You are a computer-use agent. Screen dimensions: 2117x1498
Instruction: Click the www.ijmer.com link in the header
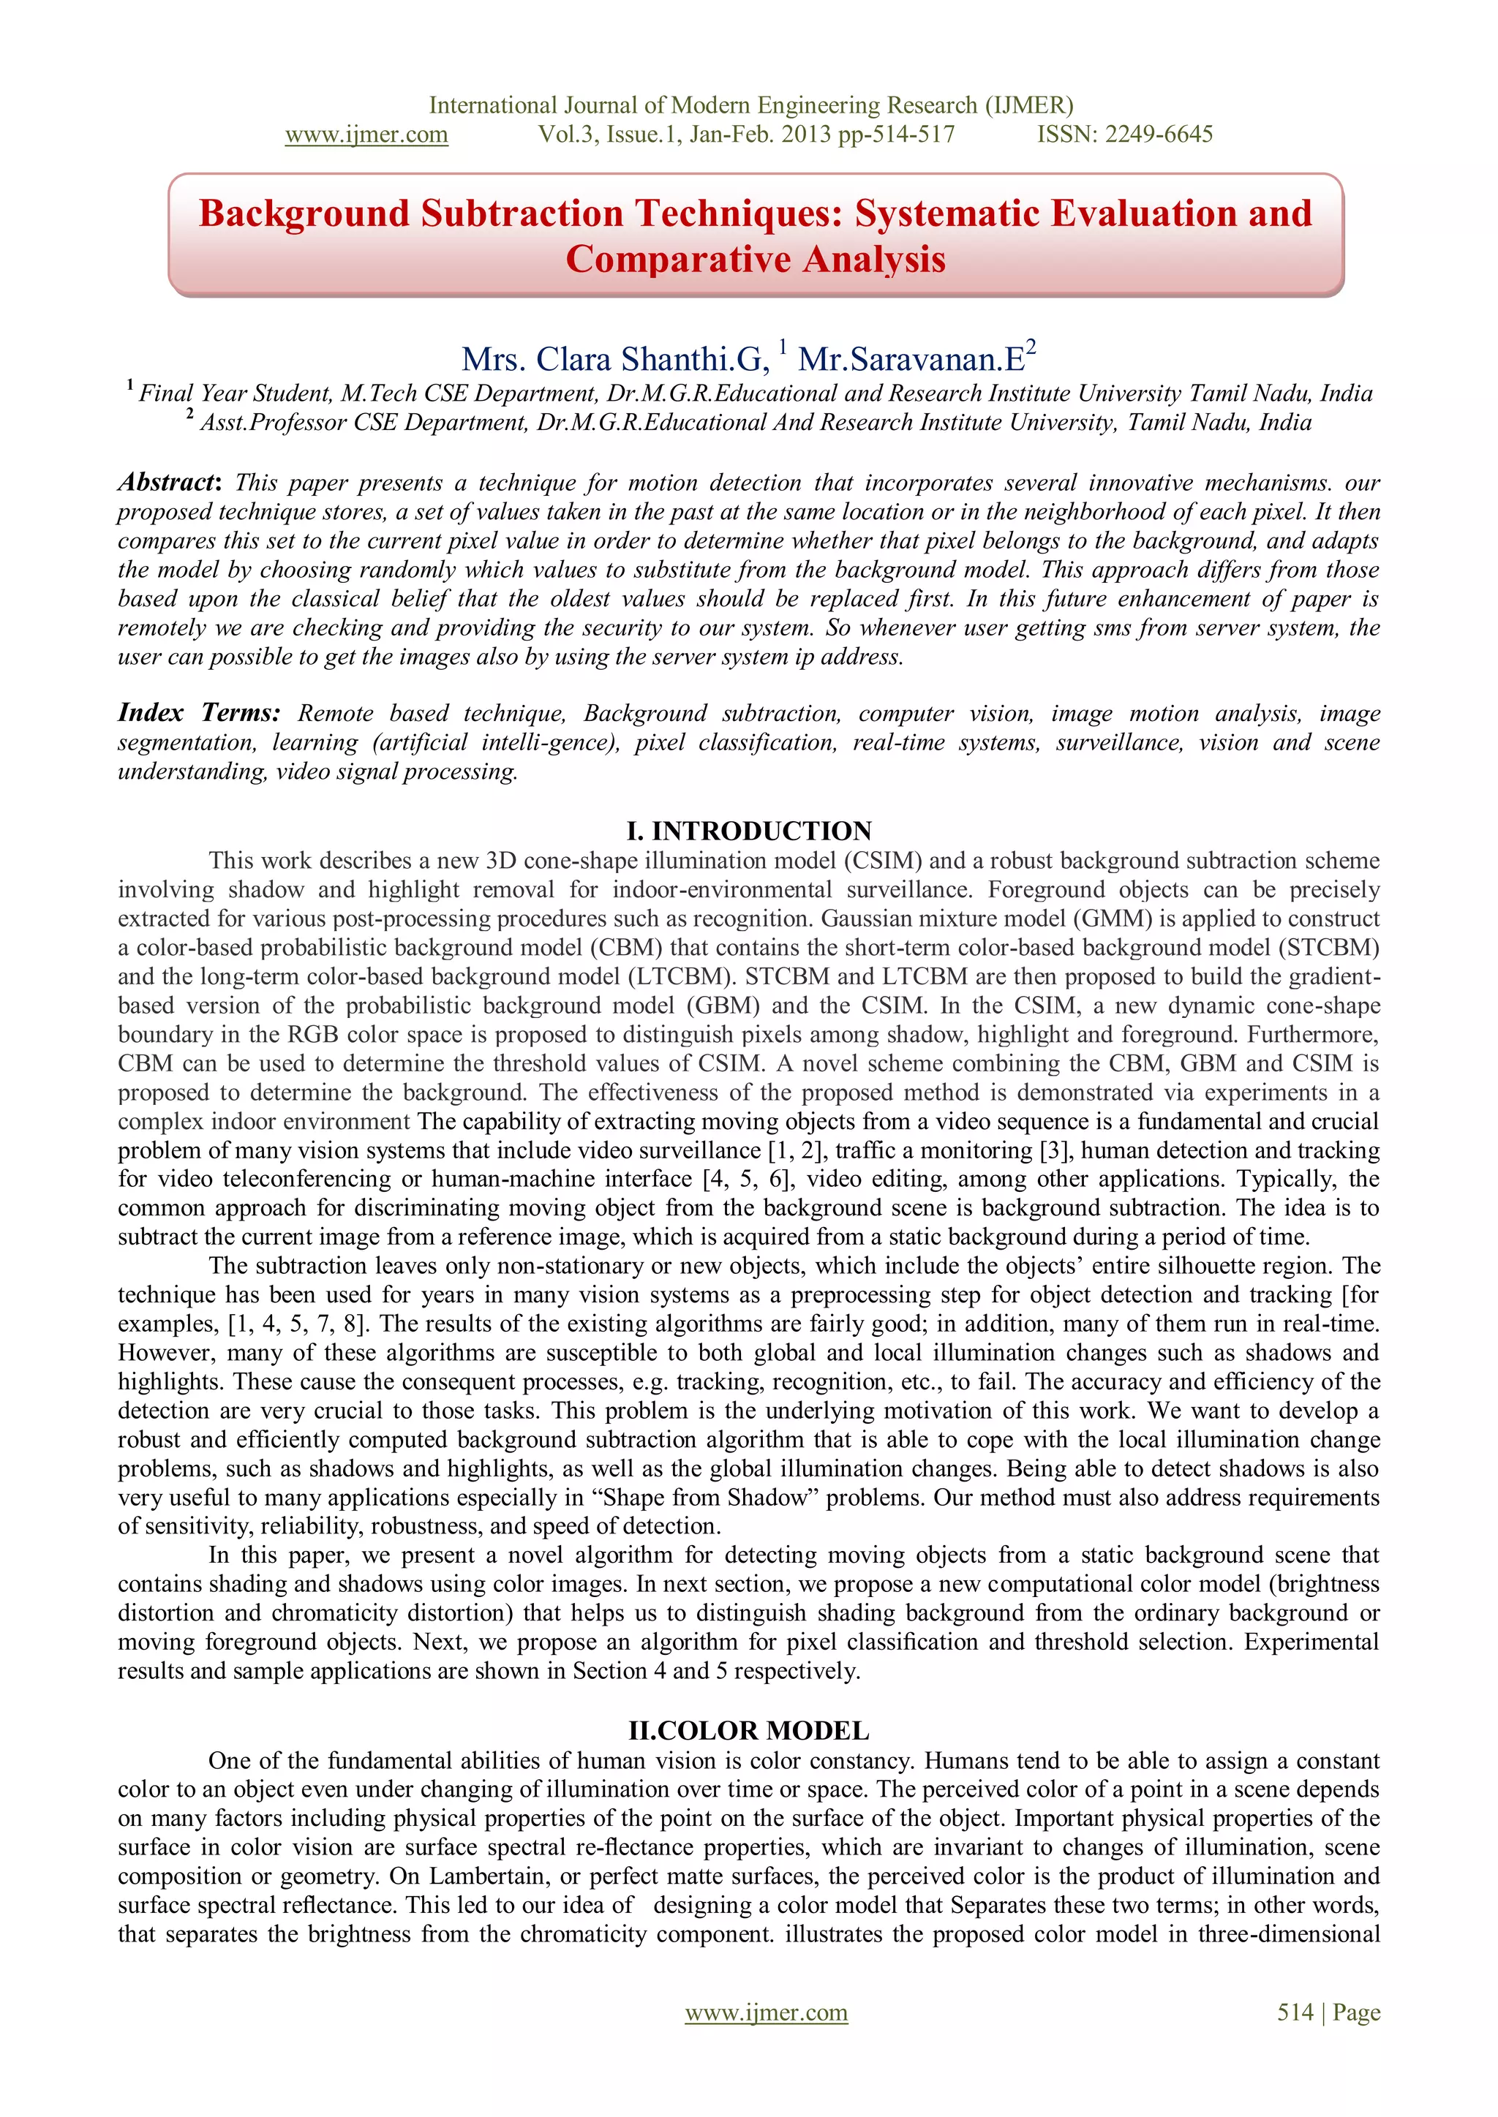click(366, 135)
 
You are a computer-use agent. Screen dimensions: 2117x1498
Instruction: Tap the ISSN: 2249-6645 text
click(1124, 135)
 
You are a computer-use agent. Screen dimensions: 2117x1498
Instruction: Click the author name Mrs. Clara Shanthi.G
click(614, 358)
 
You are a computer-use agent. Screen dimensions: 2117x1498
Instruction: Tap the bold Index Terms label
click(198, 713)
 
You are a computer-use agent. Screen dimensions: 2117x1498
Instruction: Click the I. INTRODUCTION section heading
click(748, 831)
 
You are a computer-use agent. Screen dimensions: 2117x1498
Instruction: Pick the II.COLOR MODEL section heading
click(748, 1731)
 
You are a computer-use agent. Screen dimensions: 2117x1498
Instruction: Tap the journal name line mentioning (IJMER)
click(751, 105)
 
